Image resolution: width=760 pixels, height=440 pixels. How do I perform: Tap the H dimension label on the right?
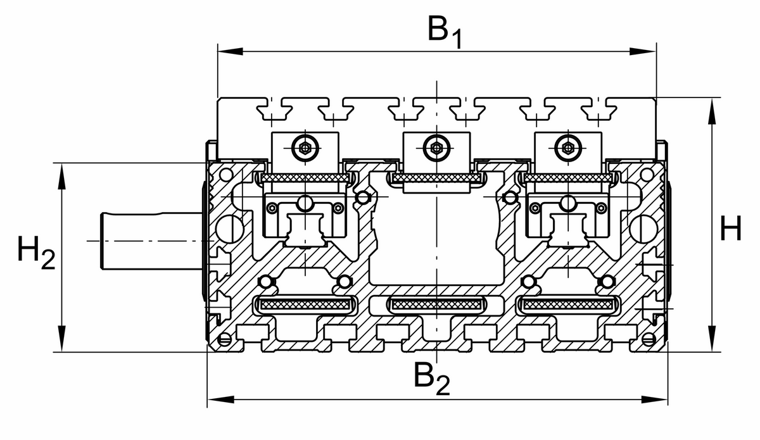coord(731,229)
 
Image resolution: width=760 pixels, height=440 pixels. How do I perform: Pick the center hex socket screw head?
coord(436,148)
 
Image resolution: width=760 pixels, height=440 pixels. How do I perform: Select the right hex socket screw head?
coord(567,148)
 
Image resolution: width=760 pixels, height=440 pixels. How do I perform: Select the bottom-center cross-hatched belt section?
coord(437,305)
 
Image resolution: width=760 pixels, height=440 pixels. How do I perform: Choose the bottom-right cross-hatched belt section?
coord(568,305)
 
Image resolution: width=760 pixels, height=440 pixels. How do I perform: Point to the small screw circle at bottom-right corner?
coord(648,340)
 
